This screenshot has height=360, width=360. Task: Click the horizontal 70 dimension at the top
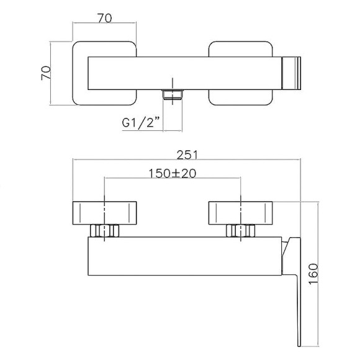[105, 18]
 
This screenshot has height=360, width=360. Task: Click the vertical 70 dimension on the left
[46, 73]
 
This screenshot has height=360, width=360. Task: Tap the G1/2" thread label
[141, 123]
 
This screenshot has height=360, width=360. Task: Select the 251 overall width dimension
[187, 155]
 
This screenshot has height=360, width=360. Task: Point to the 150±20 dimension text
[173, 173]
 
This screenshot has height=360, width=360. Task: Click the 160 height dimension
[313, 274]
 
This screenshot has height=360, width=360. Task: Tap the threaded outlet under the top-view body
[173, 94]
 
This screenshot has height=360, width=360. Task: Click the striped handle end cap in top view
[291, 73]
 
